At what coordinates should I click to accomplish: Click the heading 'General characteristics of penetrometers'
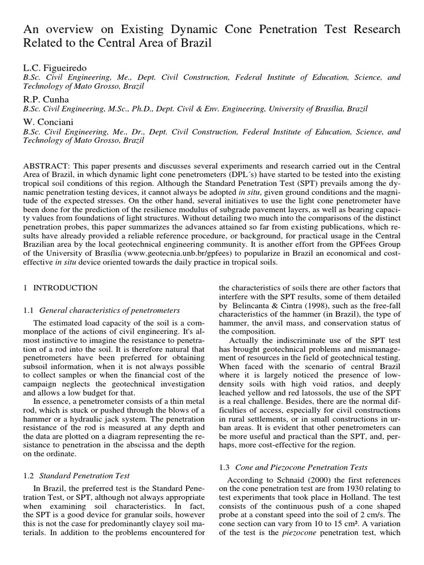pos(106,310)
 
